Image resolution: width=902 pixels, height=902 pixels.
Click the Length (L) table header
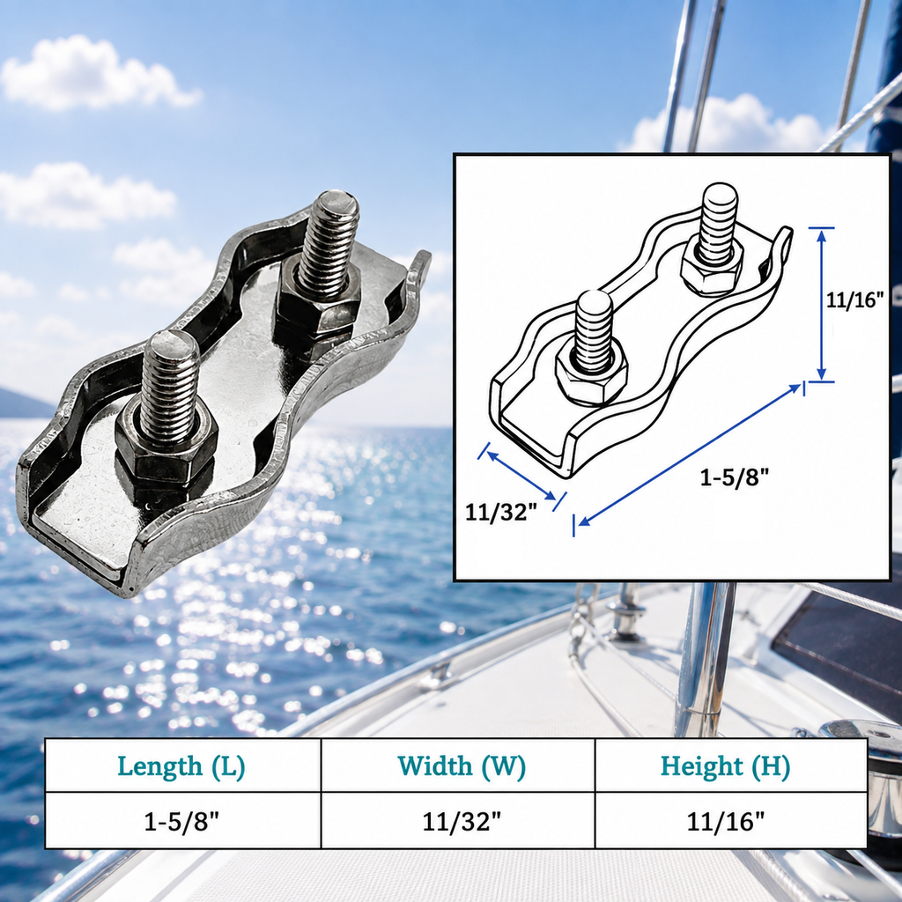pos(181,765)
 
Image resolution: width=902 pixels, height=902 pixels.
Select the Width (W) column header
pos(462,765)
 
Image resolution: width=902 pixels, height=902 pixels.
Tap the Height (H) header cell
pos(726,765)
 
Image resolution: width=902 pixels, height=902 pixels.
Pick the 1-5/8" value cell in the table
pos(181,821)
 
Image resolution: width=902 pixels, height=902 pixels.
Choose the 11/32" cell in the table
pos(462,821)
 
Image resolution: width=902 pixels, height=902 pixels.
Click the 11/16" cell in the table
pos(726,821)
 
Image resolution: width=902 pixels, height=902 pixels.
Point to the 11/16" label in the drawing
pos(854,299)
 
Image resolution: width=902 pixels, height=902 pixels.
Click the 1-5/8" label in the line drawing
pos(734,477)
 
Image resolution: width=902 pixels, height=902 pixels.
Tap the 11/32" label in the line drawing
pos(501,512)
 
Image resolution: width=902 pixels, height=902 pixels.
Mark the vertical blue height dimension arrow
pos(822,304)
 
